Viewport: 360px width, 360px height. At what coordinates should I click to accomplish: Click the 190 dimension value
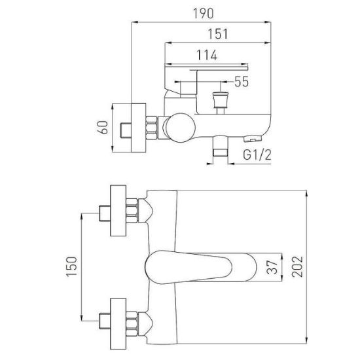click(203, 14)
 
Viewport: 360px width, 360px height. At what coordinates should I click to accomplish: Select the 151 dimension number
click(218, 34)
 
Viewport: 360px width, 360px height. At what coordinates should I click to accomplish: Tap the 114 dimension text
click(207, 55)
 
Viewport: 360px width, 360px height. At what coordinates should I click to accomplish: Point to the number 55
click(242, 82)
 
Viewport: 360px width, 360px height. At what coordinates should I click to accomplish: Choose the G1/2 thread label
click(257, 154)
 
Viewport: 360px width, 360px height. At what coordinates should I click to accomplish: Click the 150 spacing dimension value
click(71, 267)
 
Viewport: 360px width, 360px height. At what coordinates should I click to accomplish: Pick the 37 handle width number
click(272, 267)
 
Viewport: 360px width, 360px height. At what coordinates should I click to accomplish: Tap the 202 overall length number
click(298, 267)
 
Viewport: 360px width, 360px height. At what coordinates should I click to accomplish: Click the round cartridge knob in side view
click(180, 128)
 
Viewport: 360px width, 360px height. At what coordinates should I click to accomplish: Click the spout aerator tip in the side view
click(253, 139)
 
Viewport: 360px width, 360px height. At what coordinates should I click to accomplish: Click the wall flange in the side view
click(139, 128)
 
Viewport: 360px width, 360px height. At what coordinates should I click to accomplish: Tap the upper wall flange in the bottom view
click(118, 211)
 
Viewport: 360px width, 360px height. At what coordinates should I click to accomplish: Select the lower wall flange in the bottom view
click(118, 324)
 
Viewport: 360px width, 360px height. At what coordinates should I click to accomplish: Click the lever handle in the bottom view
click(200, 267)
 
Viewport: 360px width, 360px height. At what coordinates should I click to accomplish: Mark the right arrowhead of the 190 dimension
click(268, 22)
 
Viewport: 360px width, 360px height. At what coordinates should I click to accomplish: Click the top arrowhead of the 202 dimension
click(306, 194)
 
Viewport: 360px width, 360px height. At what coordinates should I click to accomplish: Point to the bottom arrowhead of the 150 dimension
click(82, 317)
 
